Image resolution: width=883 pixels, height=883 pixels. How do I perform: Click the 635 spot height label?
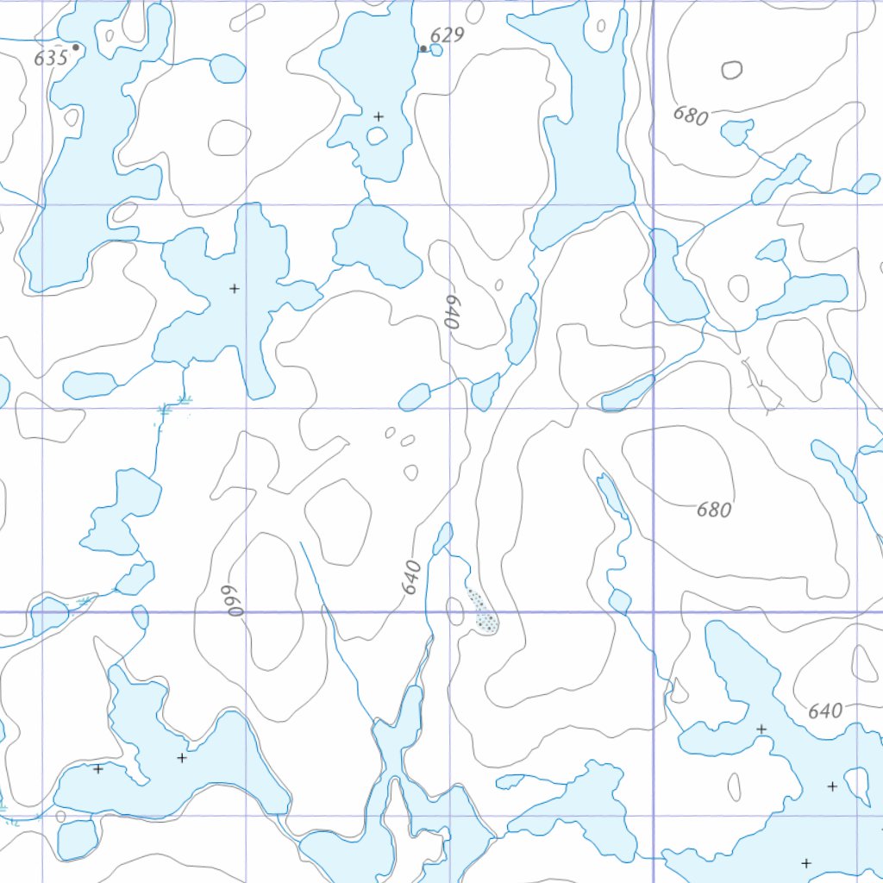click(x=51, y=59)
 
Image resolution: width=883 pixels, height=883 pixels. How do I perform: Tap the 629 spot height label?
click(x=447, y=35)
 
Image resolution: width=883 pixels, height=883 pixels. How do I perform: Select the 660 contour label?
click(x=230, y=601)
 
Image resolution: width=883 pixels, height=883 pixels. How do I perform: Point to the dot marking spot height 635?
click(x=76, y=47)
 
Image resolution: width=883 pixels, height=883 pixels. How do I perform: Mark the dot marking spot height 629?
click(x=423, y=49)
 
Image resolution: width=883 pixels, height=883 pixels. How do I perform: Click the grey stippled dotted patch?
click(x=482, y=611)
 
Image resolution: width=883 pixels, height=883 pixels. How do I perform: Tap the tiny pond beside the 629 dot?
click(x=436, y=50)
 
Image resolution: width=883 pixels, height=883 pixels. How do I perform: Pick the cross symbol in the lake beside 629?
click(x=379, y=116)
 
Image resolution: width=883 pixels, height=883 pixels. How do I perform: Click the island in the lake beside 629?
click(x=377, y=135)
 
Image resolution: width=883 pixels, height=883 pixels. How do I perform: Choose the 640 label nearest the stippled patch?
click(x=411, y=577)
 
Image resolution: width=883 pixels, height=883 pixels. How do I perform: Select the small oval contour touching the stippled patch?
click(x=455, y=611)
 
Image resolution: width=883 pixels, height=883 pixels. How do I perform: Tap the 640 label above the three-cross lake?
click(x=825, y=711)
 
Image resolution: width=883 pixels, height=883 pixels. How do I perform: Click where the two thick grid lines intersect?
click(x=653, y=612)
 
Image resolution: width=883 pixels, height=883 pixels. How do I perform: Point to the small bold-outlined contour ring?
click(x=732, y=70)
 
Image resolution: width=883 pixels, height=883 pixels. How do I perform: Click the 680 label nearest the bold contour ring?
click(x=691, y=116)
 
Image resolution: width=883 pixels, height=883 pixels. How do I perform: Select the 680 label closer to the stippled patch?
click(x=714, y=510)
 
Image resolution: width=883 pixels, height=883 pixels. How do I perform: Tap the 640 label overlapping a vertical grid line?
click(x=449, y=311)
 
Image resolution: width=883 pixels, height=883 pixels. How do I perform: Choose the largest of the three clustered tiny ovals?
click(x=410, y=472)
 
